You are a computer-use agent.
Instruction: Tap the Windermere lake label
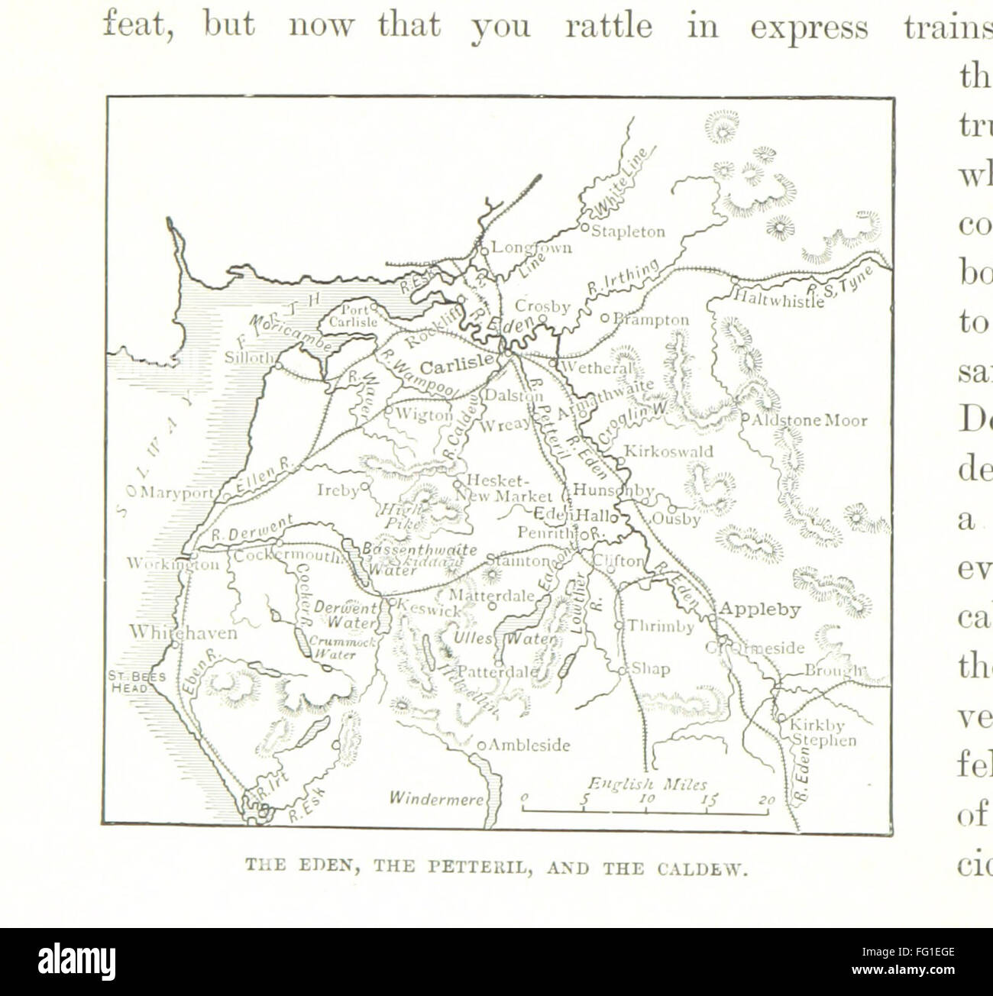436,799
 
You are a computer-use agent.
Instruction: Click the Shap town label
651,669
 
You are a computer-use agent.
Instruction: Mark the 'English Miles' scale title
647,784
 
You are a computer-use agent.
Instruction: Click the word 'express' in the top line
809,27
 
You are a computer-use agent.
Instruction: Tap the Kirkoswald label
668,451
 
